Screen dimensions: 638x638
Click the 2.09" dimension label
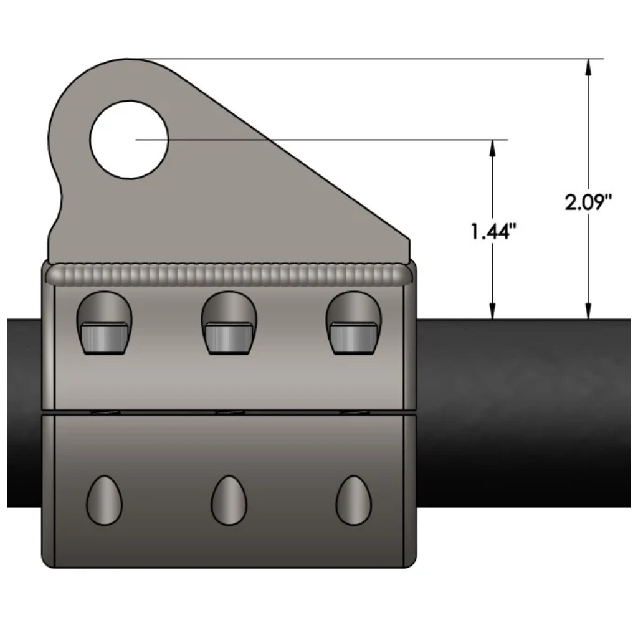pos(588,202)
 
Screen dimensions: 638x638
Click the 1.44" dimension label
pos(493,232)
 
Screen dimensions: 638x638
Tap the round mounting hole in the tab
pos(129,140)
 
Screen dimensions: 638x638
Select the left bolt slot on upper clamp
pos(105,323)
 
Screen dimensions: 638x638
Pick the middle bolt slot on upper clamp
pos(229,323)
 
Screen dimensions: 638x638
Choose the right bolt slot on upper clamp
pos(354,323)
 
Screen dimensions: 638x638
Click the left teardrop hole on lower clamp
pos(104,500)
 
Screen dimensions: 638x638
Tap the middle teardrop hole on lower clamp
pos(229,500)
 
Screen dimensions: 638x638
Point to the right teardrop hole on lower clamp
pos(354,500)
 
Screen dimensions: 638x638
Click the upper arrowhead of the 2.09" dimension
pos(588,67)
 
